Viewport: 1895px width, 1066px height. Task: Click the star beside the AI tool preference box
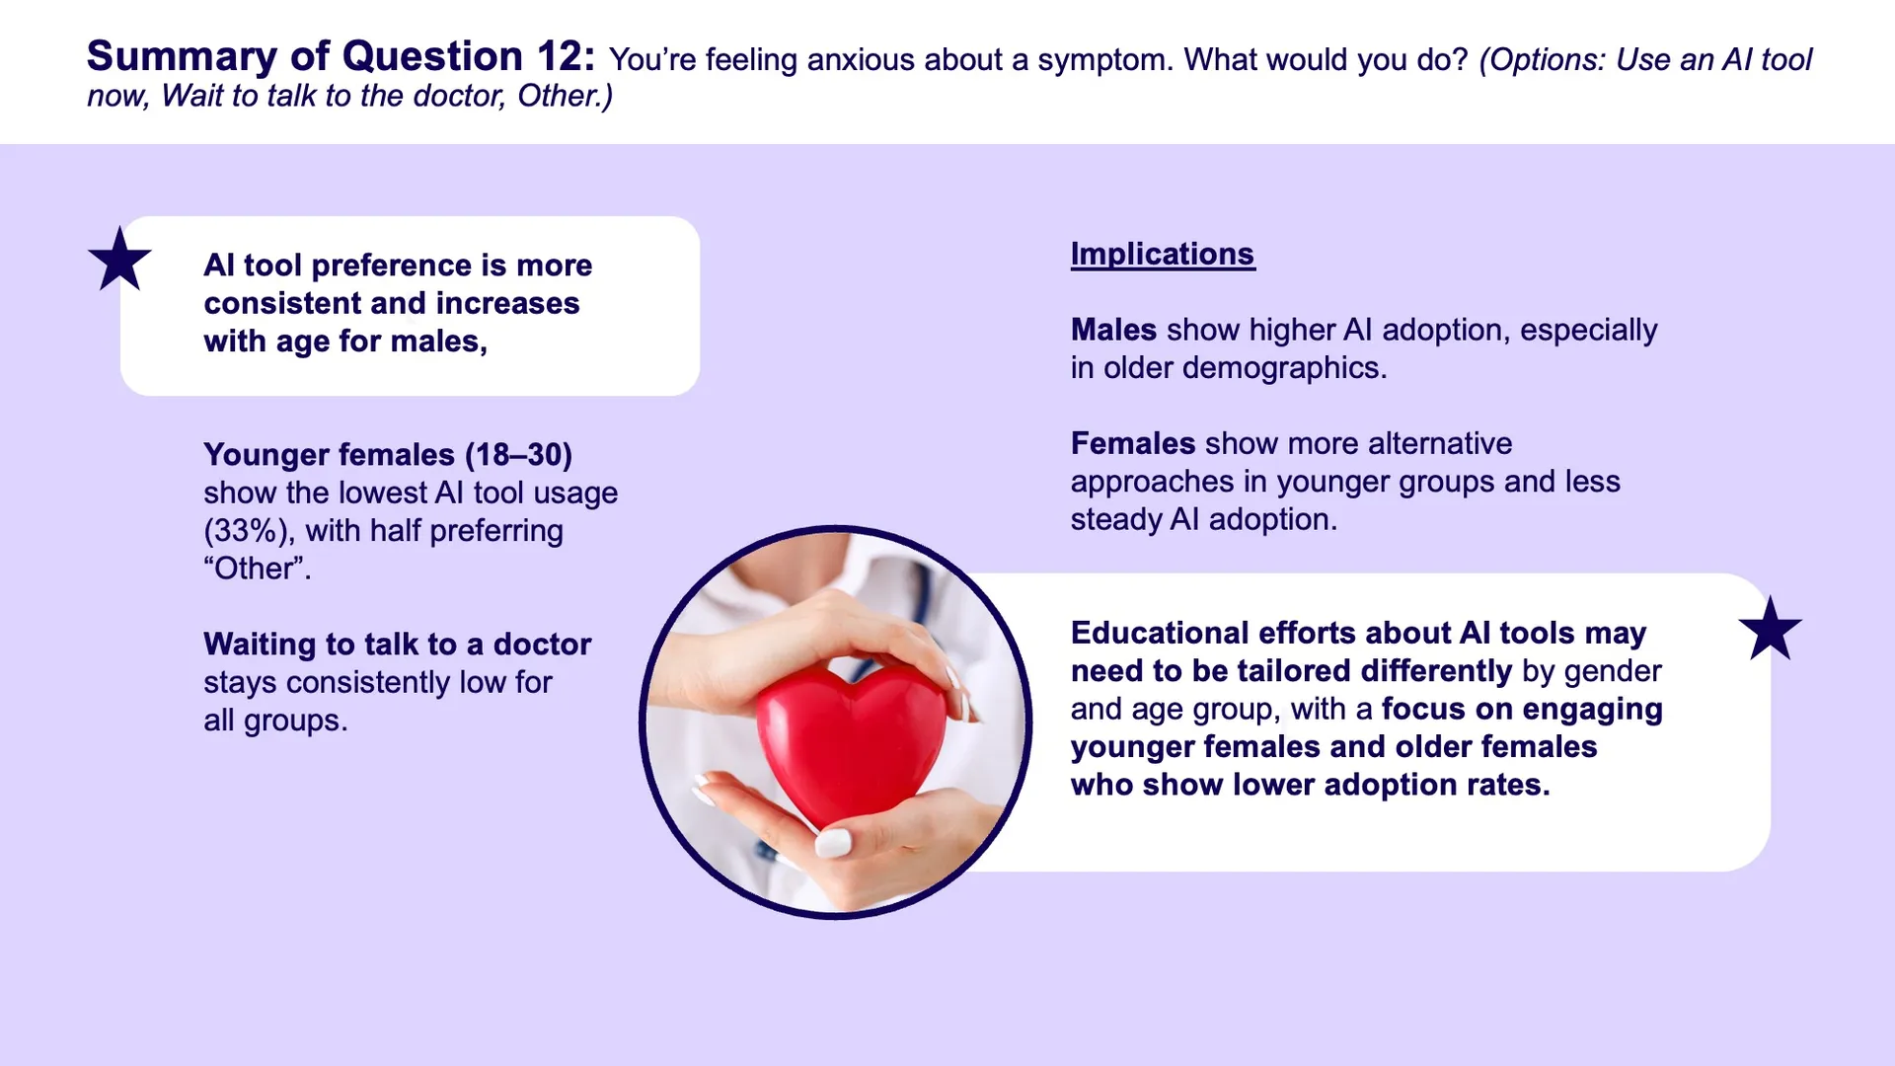119,260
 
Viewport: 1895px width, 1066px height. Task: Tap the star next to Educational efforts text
1770,629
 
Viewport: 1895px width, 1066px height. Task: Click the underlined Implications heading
1163,254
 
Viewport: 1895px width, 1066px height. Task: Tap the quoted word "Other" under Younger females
258,569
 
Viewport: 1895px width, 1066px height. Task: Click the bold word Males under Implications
1113,330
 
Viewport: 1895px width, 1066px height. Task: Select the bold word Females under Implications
1133,443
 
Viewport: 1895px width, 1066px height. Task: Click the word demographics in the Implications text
1284,368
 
